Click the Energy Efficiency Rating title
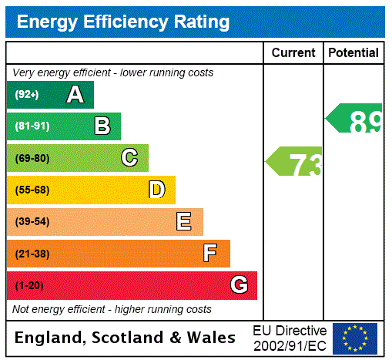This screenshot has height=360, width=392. coord(123,22)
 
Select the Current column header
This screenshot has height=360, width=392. coord(293,53)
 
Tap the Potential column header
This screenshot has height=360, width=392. coord(353,53)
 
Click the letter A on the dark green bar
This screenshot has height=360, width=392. coord(75,95)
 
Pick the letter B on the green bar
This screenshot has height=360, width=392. coord(102,126)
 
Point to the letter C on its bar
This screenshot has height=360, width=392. coord(129,158)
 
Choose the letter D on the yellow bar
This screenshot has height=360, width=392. coord(156,190)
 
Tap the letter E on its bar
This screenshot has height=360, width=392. coord(183,222)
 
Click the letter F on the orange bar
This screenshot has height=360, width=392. coord(210,254)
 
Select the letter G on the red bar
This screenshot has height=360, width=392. coord(239,285)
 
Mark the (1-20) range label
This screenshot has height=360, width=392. coord(29,286)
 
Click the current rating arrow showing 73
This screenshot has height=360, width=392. coord(296,163)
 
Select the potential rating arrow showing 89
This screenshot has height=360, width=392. coord(355,119)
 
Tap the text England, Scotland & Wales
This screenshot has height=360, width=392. coord(126,338)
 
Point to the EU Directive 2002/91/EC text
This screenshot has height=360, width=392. coord(290,338)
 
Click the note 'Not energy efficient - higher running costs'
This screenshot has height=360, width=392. coord(112,309)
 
